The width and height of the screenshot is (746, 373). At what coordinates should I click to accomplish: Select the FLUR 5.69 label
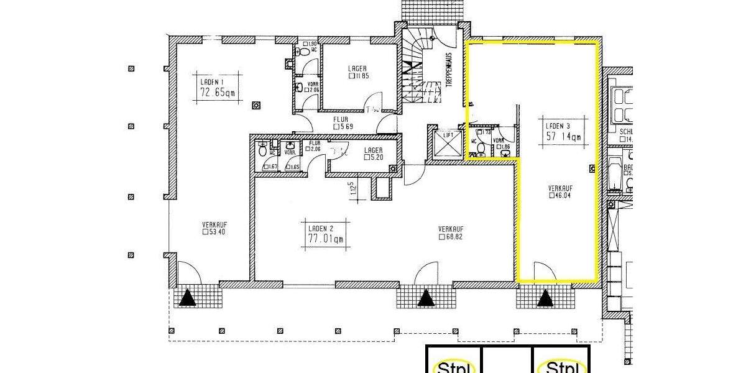[341, 122]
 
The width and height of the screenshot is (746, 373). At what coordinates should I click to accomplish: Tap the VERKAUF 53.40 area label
[213, 228]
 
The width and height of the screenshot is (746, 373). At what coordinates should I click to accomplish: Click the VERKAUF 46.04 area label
[560, 191]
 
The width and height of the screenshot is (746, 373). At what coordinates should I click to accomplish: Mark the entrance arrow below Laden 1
[188, 300]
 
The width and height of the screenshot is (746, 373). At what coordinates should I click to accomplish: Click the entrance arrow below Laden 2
[426, 299]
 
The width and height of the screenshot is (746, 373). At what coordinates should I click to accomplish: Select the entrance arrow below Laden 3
[545, 299]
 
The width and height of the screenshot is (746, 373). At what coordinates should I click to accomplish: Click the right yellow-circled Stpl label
[563, 367]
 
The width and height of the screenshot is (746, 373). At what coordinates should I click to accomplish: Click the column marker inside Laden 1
[256, 105]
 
